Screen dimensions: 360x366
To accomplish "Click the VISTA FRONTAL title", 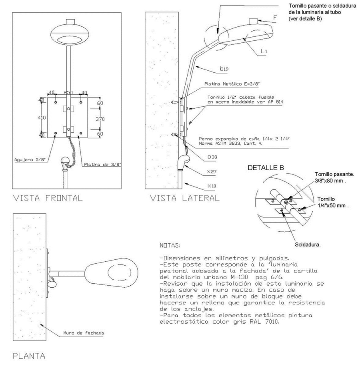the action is pyautogui.click(x=48, y=198).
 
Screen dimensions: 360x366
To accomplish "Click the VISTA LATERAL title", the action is pyautogui.click(x=184, y=198).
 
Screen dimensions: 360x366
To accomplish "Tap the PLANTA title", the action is pyautogui.click(x=29, y=356).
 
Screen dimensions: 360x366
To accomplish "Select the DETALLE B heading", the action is pyautogui.click(x=266, y=167).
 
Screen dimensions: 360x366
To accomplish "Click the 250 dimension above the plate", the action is pyautogui.click(x=68, y=93).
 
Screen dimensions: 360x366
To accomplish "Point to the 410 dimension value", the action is pyautogui.click(x=42, y=117).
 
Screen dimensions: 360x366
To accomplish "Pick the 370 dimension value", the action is pyautogui.click(x=100, y=119).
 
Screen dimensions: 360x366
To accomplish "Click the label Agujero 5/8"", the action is pyautogui.click(x=30, y=160).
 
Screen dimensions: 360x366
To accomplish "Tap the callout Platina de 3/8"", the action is pyautogui.click(x=102, y=165).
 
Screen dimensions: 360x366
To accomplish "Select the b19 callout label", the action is pyautogui.click(x=224, y=69).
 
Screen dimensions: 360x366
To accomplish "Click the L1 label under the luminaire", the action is pyautogui.click(x=264, y=51).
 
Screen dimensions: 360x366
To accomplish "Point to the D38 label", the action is pyautogui.click(x=212, y=157).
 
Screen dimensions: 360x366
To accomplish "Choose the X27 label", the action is pyautogui.click(x=212, y=171).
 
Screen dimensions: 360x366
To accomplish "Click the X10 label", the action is pyautogui.click(x=212, y=186).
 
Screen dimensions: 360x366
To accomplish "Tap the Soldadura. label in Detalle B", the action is pyautogui.click(x=308, y=245).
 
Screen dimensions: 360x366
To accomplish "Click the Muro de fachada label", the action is pyautogui.click(x=84, y=333).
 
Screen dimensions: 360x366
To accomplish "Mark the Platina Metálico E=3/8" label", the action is pyautogui.click(x=232, y=84).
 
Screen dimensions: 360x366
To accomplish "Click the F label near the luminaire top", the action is pyautogui.click(x=275, y=18).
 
